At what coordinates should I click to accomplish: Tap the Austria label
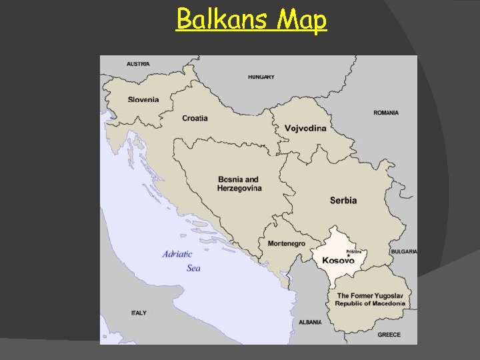coord(138,64)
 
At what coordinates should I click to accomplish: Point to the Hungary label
coord(261,77)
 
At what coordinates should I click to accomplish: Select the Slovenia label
coord(144,99)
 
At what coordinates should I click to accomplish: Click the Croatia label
coord(195,118)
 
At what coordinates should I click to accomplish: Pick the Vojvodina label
coord(305,128)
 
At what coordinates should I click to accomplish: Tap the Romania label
coord(386,113)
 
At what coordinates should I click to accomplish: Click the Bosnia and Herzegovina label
coord(239,184)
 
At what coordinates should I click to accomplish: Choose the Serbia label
coord(343,200)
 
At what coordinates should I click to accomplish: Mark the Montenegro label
coord(286,243)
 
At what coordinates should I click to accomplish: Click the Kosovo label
coord(339,261)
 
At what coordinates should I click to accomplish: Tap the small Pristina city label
coord(353,251)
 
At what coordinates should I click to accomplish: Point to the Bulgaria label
coord(404,251)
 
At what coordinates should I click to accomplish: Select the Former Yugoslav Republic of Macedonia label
coord(370,299)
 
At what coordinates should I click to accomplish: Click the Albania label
coord(310,322)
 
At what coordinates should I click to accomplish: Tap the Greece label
coord(389,335)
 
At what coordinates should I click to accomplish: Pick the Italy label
coord(139,313)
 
